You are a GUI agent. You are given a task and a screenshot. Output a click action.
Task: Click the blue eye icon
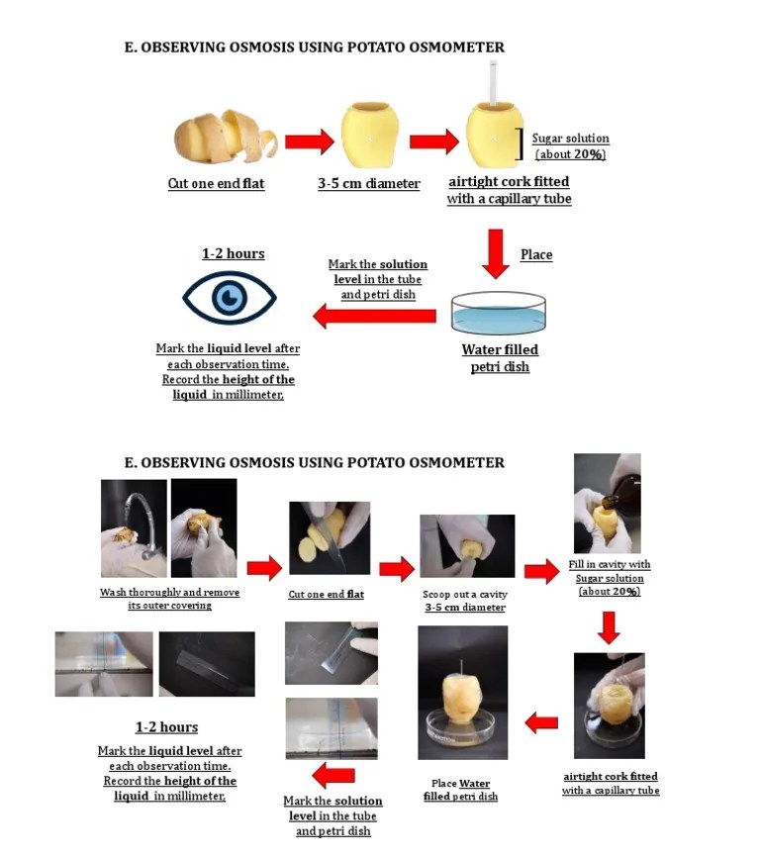[x=230, y=297]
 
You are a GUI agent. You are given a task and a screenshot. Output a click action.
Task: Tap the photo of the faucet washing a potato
[x=133, y=528]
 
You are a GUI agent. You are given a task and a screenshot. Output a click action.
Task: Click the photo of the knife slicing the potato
[x=329, y=538]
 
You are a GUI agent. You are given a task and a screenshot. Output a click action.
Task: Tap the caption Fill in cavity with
[x=610, y=565]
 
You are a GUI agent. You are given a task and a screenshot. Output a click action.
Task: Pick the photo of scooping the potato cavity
[x=467, y=545]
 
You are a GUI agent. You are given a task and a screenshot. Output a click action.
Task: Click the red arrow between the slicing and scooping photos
[x=397, y=568]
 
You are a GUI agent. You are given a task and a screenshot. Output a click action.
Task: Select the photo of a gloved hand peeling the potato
[x=204, y=528]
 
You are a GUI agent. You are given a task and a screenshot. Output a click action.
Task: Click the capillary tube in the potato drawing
[x=492, y=84]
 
